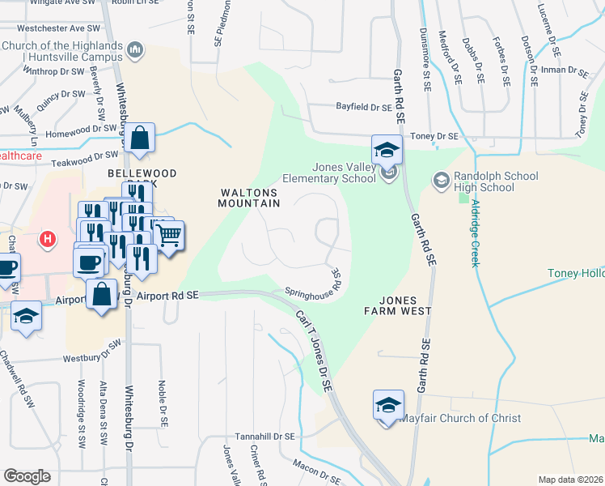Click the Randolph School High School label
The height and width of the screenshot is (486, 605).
pyautogui.click(x=483, y=182)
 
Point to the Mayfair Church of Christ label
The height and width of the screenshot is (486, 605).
pyautogui.click(x=459, y=419)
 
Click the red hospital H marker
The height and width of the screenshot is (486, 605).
pyautogui.click(x=49, y=240)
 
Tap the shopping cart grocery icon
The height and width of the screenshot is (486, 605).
pyautogui.click(x=169, y=236)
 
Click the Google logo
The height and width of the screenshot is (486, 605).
pyautogui.click(x=27, y=476)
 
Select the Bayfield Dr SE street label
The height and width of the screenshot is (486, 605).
pyautogui.click(x=364, y=107)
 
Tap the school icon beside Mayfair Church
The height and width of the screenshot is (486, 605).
pyautogui.click(x=387, y=405)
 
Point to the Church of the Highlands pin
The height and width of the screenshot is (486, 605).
pyautogui.click(x=135, y=50)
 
